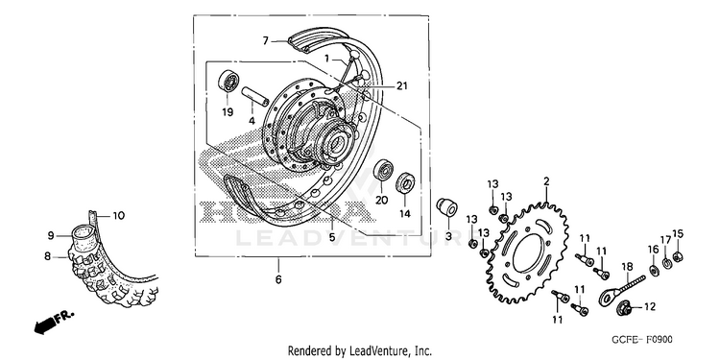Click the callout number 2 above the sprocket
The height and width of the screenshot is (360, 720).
(546, 181)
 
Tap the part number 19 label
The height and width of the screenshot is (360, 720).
(228, 112)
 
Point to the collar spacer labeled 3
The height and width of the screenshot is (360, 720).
(445, 208)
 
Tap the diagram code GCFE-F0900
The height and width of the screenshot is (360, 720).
(641, 340)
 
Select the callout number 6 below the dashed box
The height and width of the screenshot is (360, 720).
(278, 279)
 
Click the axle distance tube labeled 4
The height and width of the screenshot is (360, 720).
(254, 96)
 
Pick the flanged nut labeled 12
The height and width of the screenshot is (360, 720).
(623, 308)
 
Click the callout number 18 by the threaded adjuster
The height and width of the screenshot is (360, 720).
(627, 266)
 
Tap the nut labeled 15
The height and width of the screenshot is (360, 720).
(677, 255)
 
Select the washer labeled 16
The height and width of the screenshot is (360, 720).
(653, 268)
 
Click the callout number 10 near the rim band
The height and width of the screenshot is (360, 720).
(118, 215)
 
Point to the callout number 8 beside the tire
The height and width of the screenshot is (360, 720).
(47, 256)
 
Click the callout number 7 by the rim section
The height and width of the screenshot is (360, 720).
(265, 41)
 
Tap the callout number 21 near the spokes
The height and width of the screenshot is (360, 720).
(402, 85)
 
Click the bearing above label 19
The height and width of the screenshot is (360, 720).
(228, 81)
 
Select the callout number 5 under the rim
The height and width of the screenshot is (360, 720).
(331, 237)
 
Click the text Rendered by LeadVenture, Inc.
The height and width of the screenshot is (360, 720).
(360, 351)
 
